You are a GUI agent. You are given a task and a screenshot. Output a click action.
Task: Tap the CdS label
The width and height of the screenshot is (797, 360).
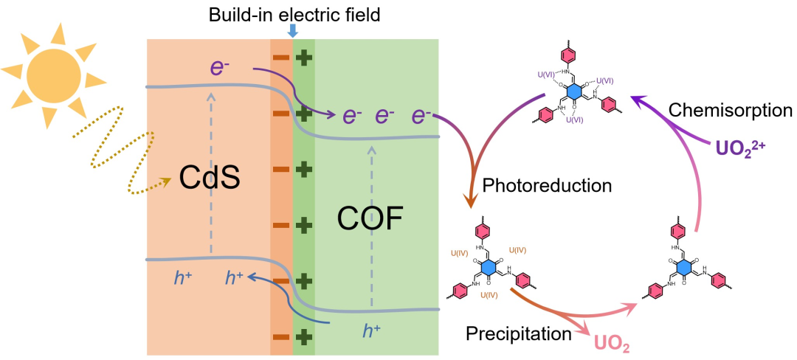(x=210, y=178)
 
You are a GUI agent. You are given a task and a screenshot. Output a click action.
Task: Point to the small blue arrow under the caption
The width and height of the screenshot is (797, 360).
(x=293, y=30)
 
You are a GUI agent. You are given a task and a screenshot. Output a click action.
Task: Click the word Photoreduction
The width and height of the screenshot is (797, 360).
(x=547, y=185)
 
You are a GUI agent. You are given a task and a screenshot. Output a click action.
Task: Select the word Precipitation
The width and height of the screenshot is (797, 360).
(x=519, y=334)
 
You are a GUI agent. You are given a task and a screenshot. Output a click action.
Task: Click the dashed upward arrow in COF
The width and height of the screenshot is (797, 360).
(x=372, y=221)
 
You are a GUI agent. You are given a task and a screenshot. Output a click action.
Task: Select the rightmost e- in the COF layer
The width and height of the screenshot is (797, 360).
(x=421, y=116)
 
